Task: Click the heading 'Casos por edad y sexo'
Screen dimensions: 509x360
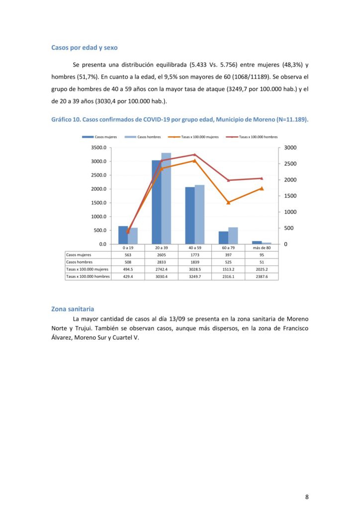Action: pos(84,48)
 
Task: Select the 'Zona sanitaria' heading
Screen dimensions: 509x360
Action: pos(73,309)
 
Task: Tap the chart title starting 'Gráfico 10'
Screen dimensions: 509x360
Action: pos(180,120)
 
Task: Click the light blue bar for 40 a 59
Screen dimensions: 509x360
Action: pos(199,214)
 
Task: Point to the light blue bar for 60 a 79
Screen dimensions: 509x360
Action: pos(233,236)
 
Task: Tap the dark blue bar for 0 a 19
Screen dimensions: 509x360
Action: pos(123,235)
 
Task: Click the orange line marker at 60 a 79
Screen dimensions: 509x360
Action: pos(228,202)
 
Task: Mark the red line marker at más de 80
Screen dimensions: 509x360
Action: pos(262,178)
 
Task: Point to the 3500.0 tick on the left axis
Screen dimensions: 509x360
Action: pos(99,148)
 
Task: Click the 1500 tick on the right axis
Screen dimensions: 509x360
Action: pos(290,196)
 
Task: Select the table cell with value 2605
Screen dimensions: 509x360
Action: pos(161,254)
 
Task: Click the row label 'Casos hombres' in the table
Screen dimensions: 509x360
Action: pos(79,262)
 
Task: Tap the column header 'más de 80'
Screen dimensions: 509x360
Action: pos(262,248)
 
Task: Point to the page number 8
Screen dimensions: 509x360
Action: pos(307,497)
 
